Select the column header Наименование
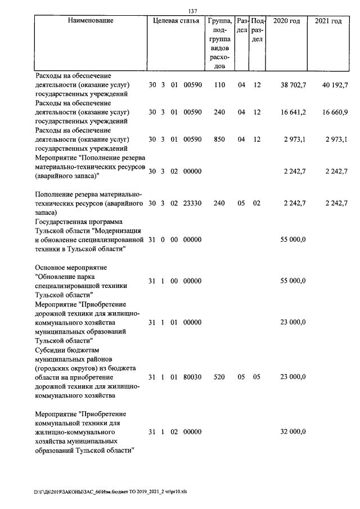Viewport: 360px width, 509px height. click(x=91, y=21)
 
